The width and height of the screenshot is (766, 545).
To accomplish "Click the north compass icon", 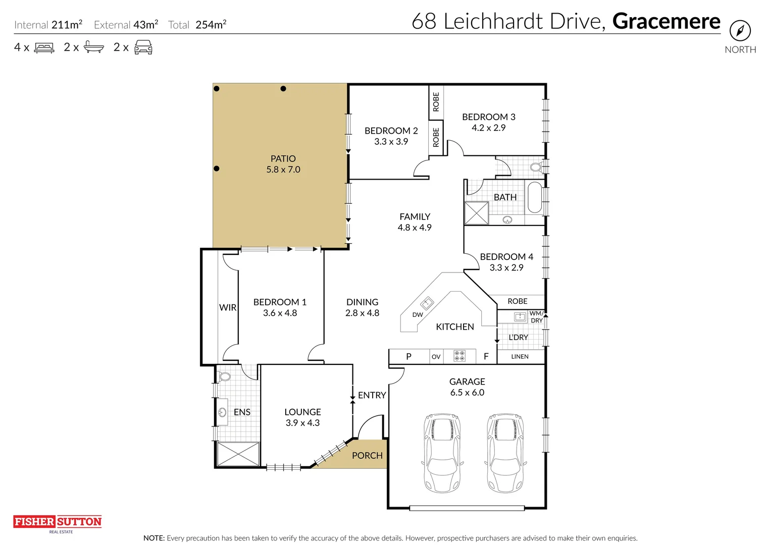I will [x=740, y=31].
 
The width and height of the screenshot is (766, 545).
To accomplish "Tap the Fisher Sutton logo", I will [x=58, y=522].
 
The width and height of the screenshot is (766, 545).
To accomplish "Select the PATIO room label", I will [x=283, y=158].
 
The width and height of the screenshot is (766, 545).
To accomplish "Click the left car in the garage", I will [x=442, y=453].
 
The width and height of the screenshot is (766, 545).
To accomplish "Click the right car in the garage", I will [x=505, y=453].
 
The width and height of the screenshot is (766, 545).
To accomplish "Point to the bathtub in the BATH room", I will [x=534, y=198].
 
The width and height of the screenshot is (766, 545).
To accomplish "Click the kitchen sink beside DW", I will [x=427, y=303].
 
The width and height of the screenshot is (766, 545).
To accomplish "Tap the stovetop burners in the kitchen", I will [x=459, y=356].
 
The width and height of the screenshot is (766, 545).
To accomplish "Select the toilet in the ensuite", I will [x=224, y=376].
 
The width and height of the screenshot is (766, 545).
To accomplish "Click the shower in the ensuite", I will [x=237, y=454].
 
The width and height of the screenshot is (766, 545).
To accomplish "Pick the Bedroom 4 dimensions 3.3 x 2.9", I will [x=506, y=268].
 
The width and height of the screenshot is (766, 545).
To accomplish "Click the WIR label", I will [x=228, y=307].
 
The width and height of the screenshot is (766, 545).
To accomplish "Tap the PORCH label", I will [x=367, y=455].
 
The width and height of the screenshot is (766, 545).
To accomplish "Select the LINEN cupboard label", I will [x=520, y=357].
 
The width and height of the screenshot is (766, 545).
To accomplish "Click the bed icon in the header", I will [x=44, y=48].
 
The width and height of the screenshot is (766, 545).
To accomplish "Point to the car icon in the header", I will [x=143, y=47].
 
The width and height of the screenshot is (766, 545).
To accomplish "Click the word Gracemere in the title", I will [x=666, y=21].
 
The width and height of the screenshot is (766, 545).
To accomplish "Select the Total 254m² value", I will [x=211, y=25].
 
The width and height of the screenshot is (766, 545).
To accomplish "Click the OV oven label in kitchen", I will [x=436, y=357].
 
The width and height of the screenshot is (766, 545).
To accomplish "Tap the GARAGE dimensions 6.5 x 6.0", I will [x=467, y=393].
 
